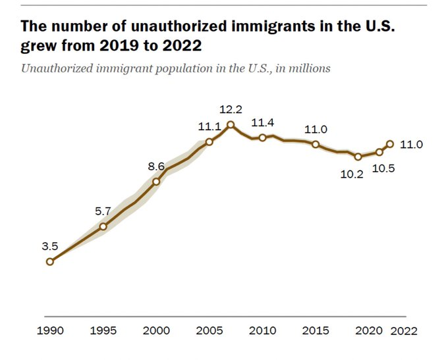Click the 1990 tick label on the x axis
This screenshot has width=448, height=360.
coord(50,330)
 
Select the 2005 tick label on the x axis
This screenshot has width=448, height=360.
coord(209,330)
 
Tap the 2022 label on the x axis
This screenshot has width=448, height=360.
coord(404,330)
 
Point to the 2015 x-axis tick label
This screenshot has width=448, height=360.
coord(315,330)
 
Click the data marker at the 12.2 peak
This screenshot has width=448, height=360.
coord(231,124)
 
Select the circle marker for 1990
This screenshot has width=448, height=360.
coord(50,261)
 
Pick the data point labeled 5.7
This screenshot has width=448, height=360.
coord(103,226)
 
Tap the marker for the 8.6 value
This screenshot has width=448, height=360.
coord(156,182)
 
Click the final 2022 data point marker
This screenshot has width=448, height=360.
coord(390,143)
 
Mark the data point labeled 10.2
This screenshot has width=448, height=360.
coord(358,157)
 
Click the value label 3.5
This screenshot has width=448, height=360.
coord(50,247)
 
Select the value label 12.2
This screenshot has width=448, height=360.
coord(231,108)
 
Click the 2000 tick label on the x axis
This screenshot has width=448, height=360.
coord(156,330)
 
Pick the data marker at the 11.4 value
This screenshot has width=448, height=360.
coord(262,137)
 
